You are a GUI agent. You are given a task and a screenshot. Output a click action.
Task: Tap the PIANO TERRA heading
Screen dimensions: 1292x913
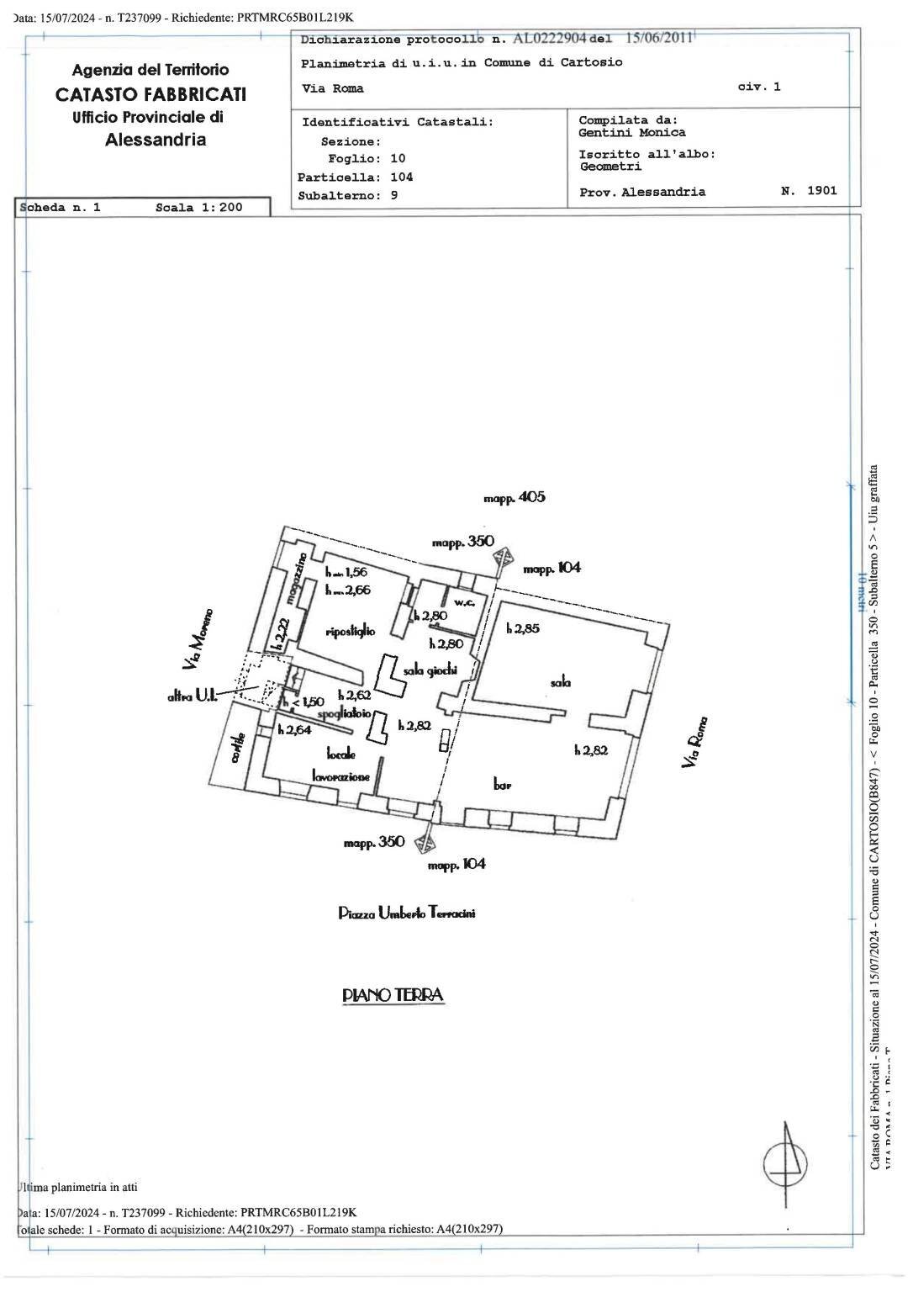393,995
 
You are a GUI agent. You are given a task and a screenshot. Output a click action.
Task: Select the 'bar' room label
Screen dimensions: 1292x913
502,785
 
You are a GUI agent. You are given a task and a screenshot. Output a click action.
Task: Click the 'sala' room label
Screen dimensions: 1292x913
561,683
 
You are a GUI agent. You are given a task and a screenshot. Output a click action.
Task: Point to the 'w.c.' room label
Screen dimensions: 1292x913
465,602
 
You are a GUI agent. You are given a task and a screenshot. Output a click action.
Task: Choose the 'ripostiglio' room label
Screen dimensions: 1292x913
350,631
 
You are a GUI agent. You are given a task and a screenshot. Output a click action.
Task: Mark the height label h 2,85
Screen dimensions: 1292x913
523,628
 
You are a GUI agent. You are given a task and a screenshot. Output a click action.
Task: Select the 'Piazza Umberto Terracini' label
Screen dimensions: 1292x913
406,913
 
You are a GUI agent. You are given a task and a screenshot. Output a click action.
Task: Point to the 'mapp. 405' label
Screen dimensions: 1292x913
514,497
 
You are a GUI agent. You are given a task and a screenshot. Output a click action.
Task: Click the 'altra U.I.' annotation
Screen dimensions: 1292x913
193,696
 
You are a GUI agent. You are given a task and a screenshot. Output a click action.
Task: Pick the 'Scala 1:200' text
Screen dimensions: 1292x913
198,208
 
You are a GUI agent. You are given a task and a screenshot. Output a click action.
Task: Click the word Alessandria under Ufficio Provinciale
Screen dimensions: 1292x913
156,140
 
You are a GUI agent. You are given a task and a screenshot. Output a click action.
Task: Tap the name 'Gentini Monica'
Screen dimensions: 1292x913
631,132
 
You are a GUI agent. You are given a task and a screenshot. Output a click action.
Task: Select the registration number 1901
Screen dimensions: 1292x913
821,191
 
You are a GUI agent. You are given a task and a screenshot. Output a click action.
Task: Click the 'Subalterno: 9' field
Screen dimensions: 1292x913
347,195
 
